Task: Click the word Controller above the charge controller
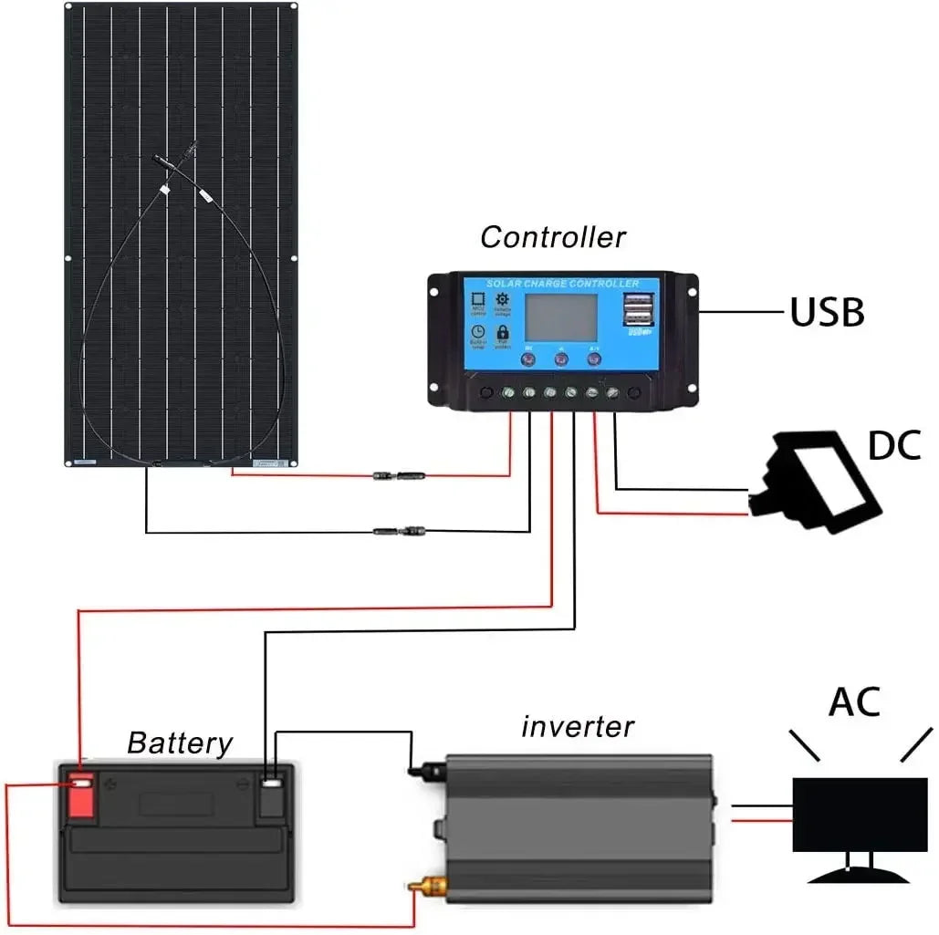pyautogui.click(x=553, y=237)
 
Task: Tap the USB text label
pyautogui.click(x=826, y=313)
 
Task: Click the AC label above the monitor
pyautogui.click(x=854, y=702)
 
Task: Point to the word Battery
pyautogui.click(x=180, y=743)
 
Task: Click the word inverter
pyautogui.click(x=577, y=727)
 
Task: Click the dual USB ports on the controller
pyautogui.click(x=640, y=310)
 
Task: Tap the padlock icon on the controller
pyautogui.click(x=502, y=331)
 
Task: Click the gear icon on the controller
pyautogui.click(x=502, y=298)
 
